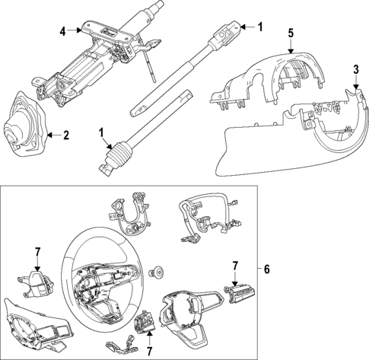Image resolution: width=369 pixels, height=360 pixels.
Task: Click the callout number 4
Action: pos(62,30)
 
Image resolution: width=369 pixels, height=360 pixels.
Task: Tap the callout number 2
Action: pos(66,136)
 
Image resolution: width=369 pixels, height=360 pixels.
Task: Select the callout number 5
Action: pos(290,34)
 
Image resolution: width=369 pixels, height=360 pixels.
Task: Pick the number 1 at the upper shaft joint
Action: pos(259,27)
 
